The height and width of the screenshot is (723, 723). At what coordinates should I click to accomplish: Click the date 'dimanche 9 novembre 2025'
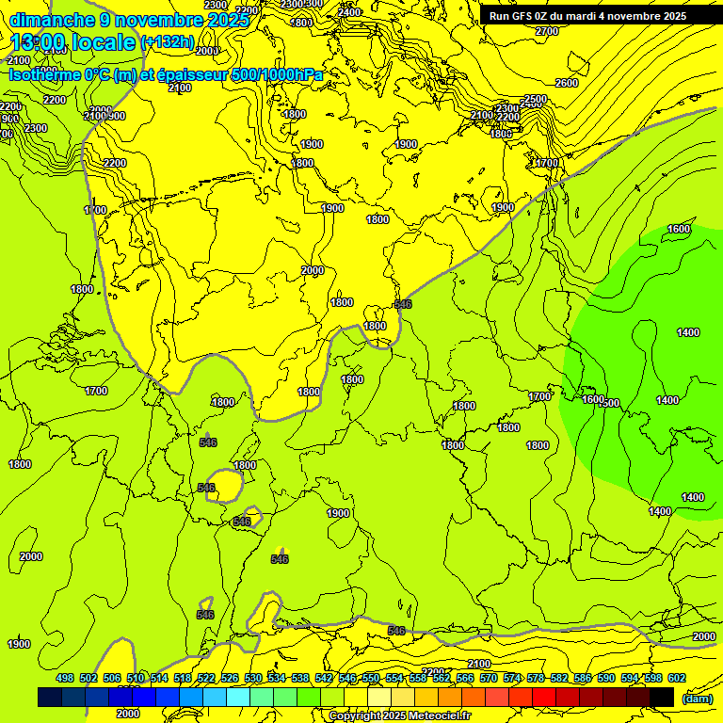coord(129,20)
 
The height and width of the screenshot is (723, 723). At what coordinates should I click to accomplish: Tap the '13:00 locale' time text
coord(72,42)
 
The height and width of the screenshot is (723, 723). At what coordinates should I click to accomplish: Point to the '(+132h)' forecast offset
coord(168,42)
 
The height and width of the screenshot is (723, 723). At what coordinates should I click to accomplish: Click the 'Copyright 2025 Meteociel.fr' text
coord(399,715)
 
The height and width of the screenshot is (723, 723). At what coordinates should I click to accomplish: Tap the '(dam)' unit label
coord(697,698)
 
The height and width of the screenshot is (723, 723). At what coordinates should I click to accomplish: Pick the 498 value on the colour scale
coord(65,678)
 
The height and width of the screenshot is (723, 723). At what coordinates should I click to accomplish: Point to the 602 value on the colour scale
coord(677,678)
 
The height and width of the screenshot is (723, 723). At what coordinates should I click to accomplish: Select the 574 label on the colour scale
coord(512,678)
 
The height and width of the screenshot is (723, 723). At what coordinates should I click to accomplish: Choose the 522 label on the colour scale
coord(206,678)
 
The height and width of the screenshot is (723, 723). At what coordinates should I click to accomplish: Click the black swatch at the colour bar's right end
coord(662,697)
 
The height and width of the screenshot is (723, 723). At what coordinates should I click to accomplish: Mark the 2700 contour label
coord(547,31)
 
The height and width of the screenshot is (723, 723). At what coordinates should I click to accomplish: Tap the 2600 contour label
coord(566,83)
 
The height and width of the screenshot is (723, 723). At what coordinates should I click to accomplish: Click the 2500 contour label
coord(535,99)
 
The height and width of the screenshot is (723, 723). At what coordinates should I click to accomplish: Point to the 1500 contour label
coord(609,403)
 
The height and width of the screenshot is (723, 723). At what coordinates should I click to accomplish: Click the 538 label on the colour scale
coord(300,678)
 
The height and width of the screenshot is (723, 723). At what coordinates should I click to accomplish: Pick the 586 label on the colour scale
coord(583,678)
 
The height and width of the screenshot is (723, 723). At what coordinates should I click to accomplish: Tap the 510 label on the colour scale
coord(136,678)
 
